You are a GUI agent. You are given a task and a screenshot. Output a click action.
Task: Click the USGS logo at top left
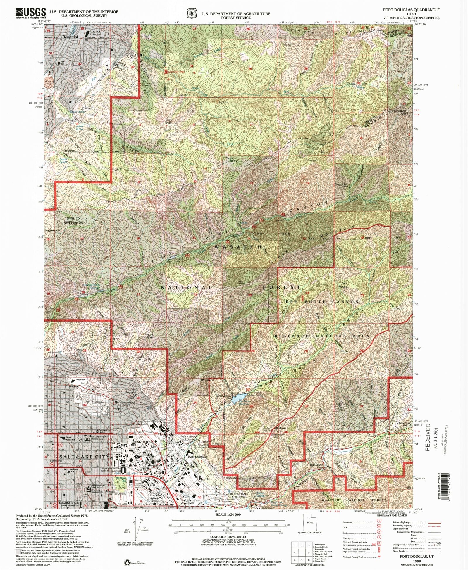point(31,13)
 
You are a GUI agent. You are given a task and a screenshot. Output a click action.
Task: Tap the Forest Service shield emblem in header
point(191,13)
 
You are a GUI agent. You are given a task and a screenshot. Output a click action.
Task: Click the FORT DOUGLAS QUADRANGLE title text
point(411,10)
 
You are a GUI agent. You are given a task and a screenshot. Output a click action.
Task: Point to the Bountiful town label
point(70,37)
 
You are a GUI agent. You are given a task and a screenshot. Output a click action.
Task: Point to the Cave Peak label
point(169,121)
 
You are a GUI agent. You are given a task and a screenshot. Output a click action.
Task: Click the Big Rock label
point(223,103)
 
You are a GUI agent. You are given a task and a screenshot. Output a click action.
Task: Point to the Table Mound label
point(344,285)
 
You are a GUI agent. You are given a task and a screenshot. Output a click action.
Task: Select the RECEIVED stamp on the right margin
point(428,437)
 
